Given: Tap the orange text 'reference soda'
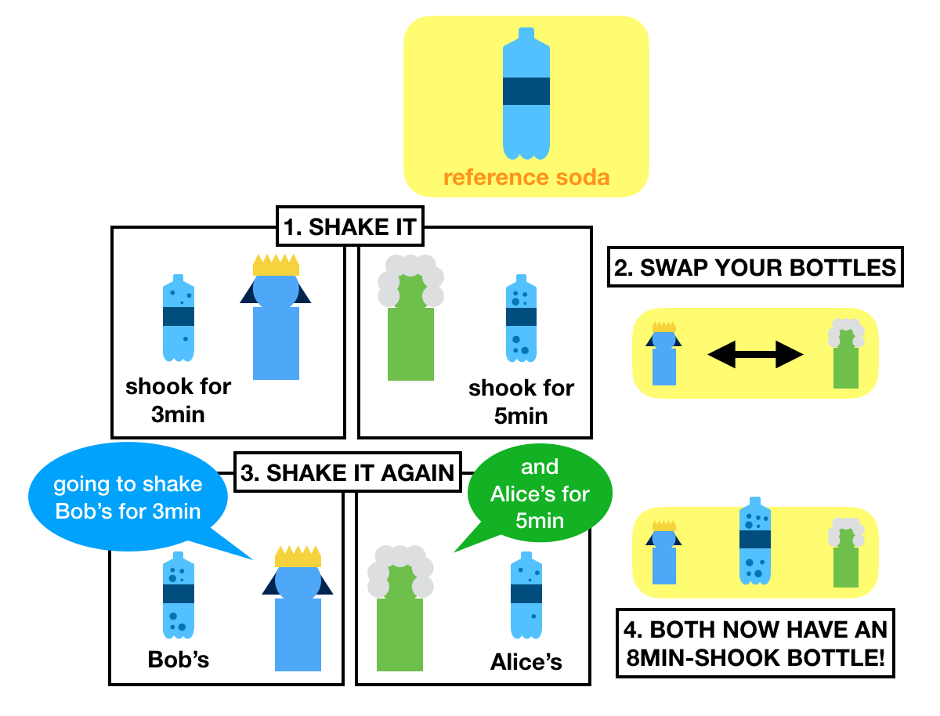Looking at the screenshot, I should tap(526, 177).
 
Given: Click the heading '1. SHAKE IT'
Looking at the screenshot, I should tap(350, 228).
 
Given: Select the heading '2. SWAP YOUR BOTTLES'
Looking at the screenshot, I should tap(755, 267).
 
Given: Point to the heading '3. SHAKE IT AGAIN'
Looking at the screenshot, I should tap(349, 472).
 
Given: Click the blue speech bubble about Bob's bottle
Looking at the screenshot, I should tap(128, 497).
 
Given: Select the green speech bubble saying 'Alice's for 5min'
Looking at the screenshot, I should tap(539, 494).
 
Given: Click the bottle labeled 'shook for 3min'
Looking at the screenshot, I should tap(178, 318).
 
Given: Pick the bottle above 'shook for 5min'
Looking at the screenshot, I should tap(521, 318).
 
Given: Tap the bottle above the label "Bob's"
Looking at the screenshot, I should tap(179, 595).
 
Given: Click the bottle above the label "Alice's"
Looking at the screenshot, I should tap(526, 595).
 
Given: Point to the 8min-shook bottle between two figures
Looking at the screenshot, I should tap(755, 541).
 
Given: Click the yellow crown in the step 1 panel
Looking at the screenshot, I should tap(276, 264).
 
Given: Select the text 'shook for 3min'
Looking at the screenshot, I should tap(178, 400).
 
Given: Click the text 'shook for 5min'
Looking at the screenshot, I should tap(521, 401).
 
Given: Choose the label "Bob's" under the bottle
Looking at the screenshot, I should tap(179, 660).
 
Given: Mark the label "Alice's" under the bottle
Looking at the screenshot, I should tap(526, 662).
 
